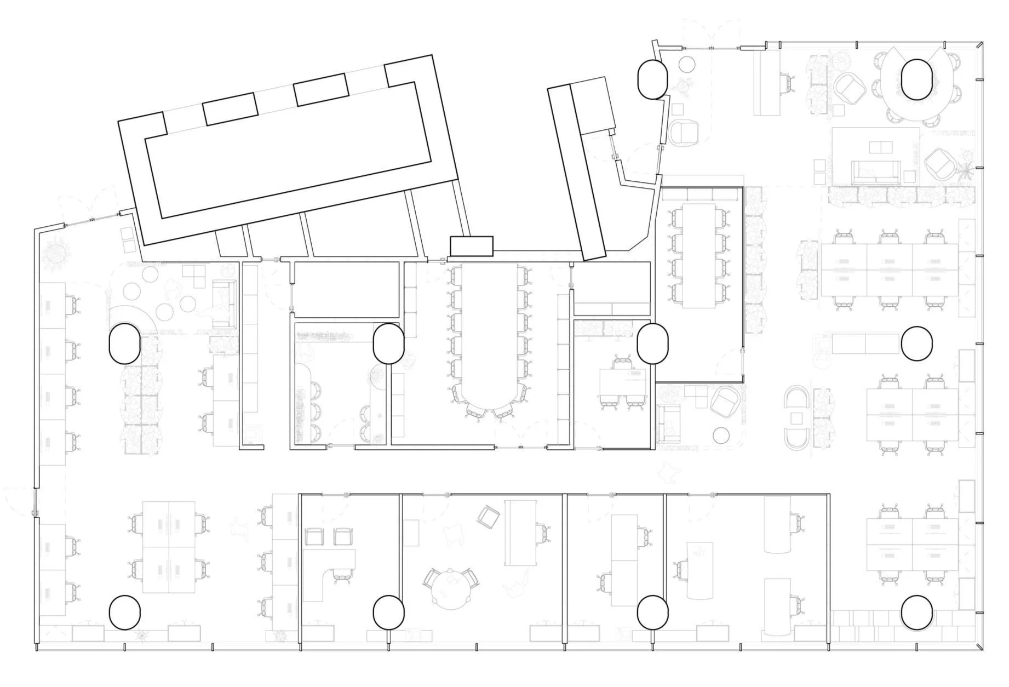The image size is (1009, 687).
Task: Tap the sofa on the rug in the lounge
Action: (875, 171)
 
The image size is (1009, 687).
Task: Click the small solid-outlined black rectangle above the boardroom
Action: (471, 246)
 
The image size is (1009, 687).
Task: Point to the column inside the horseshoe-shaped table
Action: (916, 79)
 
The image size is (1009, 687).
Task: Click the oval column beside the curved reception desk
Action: (125, 343)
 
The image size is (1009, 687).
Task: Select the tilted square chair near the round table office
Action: (488, 517)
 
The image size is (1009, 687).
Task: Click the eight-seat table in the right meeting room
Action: (699, 255)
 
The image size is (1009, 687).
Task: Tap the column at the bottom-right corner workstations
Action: (916, 612)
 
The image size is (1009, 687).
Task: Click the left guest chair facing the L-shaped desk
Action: (314, 536)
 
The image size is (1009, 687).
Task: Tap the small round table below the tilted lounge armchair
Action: (723, 436)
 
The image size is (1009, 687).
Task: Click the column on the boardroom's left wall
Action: (388, 343)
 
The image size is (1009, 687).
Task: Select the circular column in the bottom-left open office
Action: (125, 612)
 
